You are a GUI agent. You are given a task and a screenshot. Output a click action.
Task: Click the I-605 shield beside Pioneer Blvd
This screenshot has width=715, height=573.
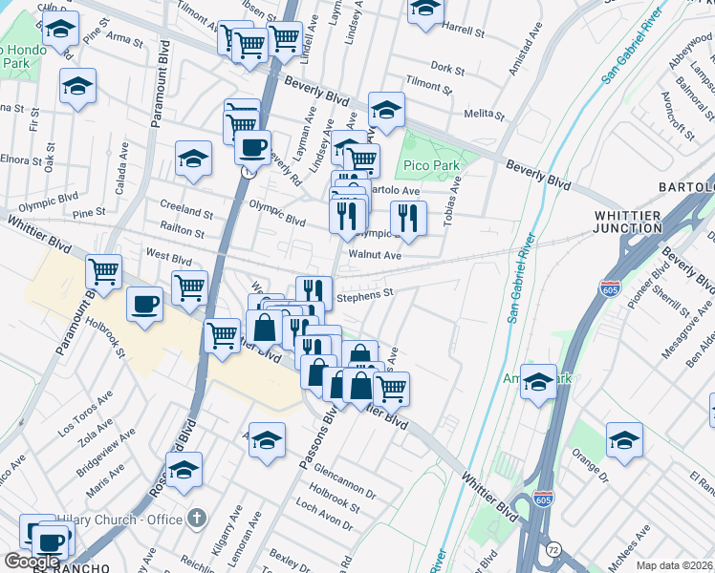coord(609,286)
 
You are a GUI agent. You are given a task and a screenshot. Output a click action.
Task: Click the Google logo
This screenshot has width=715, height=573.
coord(32,562)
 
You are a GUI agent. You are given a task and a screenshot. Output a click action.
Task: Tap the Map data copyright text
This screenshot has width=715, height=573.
coord(673,565)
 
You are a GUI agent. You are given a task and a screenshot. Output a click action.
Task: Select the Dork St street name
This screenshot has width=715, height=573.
coord(447,69)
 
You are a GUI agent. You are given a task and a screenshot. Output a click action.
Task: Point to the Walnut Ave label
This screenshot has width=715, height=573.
coord(375,255)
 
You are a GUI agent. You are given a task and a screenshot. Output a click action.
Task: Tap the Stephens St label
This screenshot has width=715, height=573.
coord(366,295)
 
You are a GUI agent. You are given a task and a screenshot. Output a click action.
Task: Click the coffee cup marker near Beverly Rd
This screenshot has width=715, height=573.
coord(252,148)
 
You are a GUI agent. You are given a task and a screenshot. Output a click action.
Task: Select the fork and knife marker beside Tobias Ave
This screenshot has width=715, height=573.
coord(408,217)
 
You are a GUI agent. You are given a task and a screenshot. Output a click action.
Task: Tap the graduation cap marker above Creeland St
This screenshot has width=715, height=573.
coord(193,158)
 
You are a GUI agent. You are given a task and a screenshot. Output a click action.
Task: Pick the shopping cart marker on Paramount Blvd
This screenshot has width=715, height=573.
coord(103,272)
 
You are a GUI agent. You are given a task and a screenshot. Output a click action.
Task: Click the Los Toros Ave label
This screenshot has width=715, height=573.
coord(87,417)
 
